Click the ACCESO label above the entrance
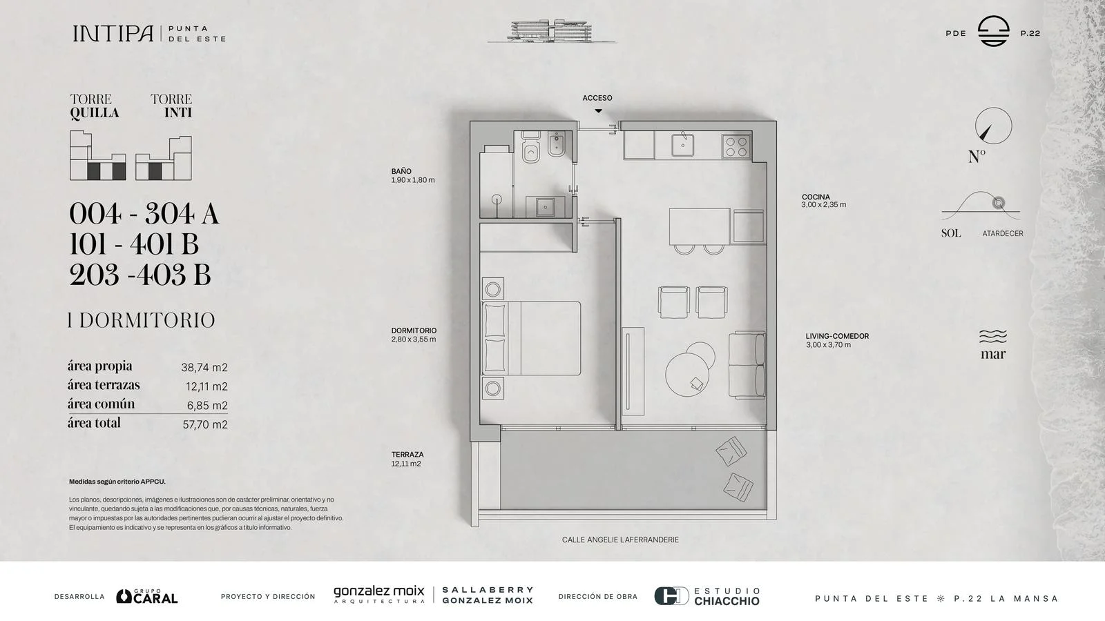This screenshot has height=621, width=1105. [597, 98]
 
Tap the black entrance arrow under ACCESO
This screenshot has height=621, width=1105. [598, 111]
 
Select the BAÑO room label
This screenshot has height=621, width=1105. [401, 172]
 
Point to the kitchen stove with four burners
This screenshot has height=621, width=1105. [736, 146]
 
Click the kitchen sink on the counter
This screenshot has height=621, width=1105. [683, 145]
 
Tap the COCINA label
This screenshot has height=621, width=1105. [816, 197]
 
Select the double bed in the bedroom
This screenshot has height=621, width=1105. [531, 338]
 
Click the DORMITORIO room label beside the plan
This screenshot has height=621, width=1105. [414, 331]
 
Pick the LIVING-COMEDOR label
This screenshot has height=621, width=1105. [837, 336]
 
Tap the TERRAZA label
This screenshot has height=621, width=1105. [407, 455]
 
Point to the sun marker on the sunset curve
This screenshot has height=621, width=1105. [999, 203]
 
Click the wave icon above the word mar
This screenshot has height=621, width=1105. [993, 336]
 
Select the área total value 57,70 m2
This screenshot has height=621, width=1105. [205, 424]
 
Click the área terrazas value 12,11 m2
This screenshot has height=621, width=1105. [206, 386]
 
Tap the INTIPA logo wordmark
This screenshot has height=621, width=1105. [113, 34]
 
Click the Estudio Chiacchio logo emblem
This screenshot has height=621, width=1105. [671, 596]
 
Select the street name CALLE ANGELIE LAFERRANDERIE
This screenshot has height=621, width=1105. [620, 540]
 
